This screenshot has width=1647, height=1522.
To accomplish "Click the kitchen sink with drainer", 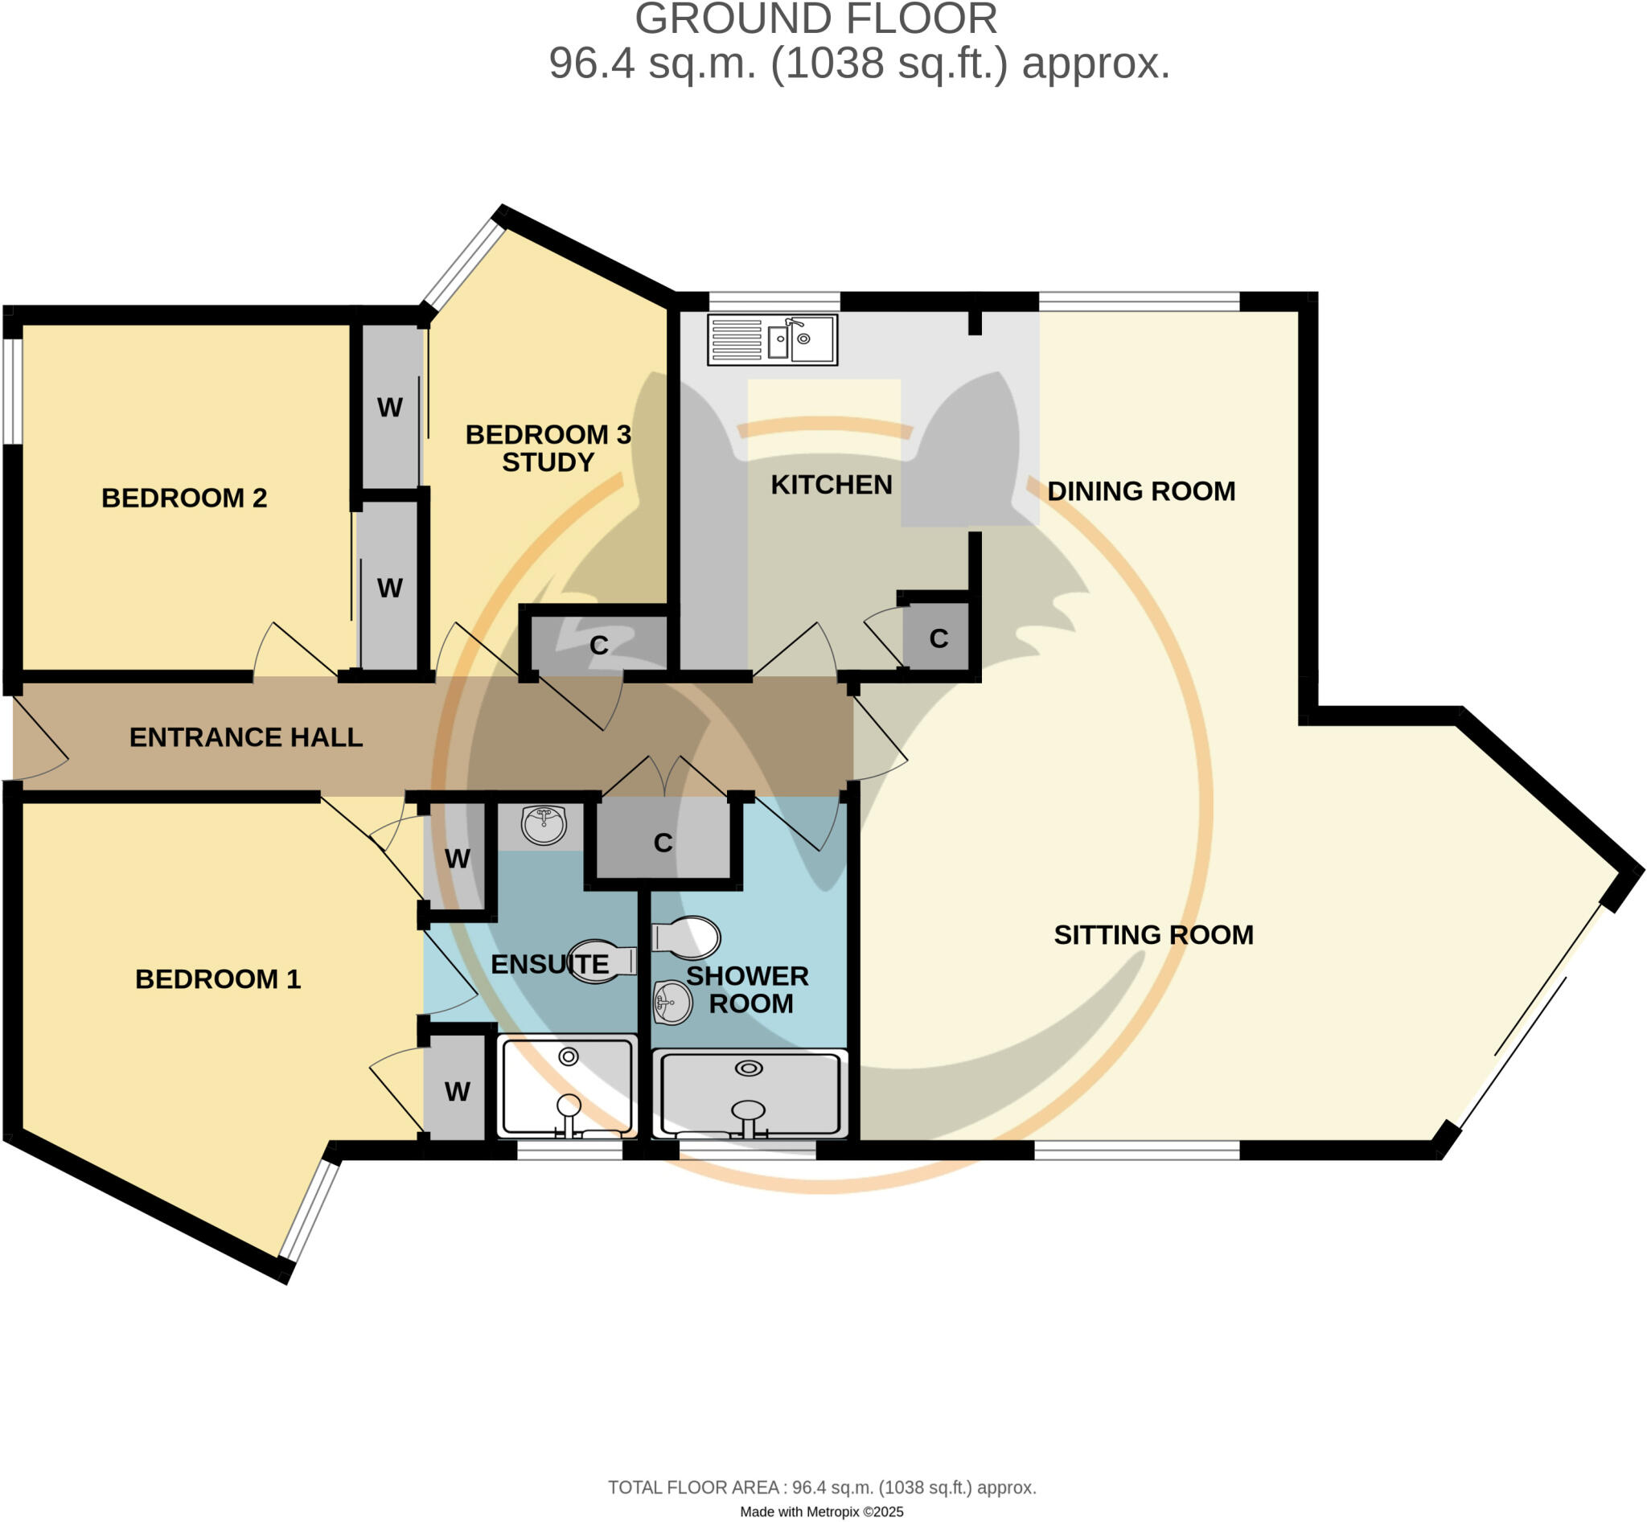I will tap(772, 339).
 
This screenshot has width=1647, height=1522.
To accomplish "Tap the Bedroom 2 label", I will tap(183, 498).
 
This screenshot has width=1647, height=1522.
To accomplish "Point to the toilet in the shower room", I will tap(686, 937).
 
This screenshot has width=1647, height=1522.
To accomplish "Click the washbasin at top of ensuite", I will tap(544, 824).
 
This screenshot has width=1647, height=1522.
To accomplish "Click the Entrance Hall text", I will tap(245, 737).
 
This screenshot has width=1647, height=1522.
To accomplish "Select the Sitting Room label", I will tap(1152, 935).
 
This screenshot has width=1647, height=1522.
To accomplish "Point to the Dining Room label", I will tap(1140, 491).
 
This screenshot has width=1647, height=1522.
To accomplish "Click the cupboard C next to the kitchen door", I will tap(938, 638).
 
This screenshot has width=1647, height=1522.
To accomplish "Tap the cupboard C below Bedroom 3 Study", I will tap(599, 645).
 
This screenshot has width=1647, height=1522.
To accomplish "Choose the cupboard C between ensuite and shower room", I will tap(663, 843).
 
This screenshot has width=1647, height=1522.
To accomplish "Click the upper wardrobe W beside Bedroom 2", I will tap(390, 407).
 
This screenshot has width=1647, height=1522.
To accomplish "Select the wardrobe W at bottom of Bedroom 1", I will tap(458, 1091).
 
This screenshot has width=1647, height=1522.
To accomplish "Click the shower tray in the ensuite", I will tap(568, 1086).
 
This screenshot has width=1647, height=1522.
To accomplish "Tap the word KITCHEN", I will tap(831, 484).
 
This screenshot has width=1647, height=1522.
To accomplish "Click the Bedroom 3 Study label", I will tap(548, 448).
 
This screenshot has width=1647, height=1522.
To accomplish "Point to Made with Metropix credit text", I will tap(821, 1512).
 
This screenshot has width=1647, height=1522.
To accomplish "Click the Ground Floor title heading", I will tap(815, 20).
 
